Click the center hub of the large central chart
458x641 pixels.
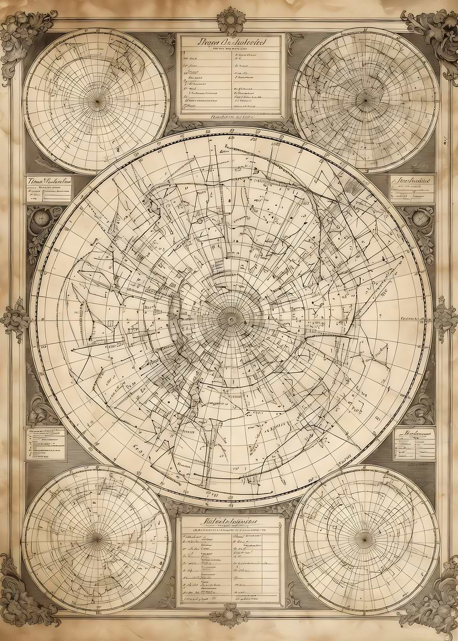point(231,319)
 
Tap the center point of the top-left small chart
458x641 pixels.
point(97,100)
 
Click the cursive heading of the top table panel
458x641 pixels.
point(231,42)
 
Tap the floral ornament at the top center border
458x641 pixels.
point(231,20)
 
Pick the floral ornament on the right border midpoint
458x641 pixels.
point(445,319)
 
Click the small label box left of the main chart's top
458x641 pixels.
point(49,189)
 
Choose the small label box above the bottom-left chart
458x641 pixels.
point(45,443)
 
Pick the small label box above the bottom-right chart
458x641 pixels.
point(414,443)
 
